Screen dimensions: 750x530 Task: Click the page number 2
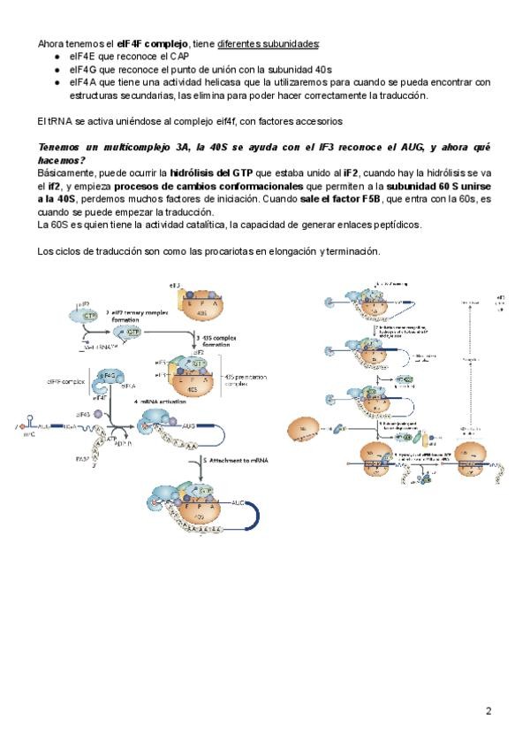(x=488, y=710)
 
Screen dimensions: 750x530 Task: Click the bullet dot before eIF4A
(x=57, y=82)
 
